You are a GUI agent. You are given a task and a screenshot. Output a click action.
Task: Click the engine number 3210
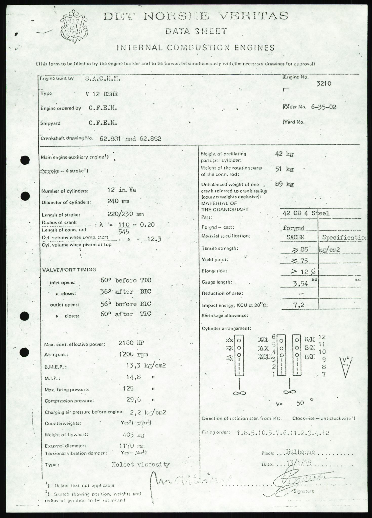[324, 84]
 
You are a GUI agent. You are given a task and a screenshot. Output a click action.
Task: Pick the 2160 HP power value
[132, 343]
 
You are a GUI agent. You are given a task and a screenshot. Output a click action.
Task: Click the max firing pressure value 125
[128, 388]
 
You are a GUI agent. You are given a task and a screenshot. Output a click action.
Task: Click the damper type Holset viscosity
[141, 464]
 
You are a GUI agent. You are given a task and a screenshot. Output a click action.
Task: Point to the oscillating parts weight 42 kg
[284, 154]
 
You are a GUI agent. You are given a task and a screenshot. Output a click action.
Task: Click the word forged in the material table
[293, 228]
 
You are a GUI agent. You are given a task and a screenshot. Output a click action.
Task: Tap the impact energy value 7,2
[299, 305]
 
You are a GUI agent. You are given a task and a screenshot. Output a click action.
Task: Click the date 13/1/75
[299, 463]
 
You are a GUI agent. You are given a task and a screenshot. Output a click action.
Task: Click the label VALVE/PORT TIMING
[69, 270]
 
